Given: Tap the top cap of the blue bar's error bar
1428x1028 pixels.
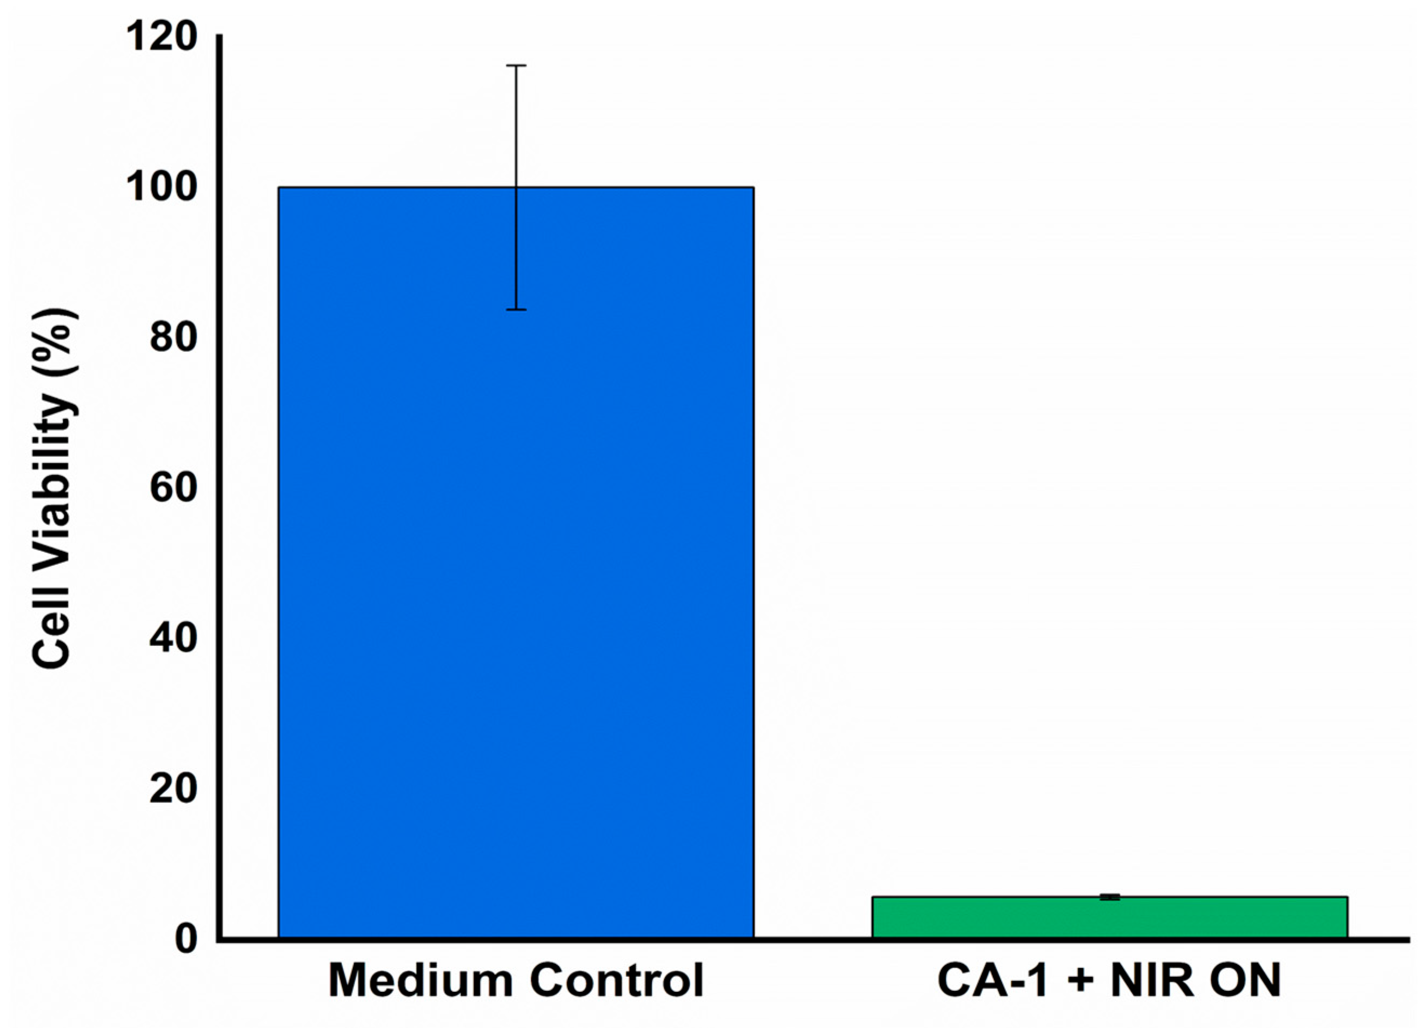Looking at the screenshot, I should tap(516, 65).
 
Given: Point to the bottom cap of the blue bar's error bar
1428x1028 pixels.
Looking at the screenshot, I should tap(516, 310).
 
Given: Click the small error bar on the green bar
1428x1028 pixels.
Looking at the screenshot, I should tap(1110, 897).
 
